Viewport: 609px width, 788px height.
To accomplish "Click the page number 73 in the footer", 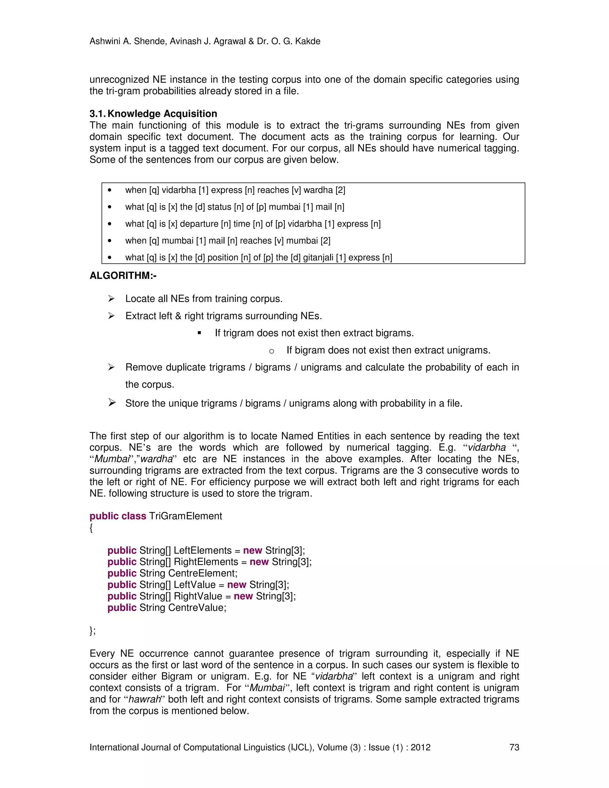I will pos(514,747).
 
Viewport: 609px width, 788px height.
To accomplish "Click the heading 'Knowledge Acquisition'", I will pos(162,114).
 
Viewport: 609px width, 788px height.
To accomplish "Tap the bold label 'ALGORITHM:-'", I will pos(123,276).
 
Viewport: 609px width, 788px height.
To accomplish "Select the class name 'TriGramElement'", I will pos(186,516).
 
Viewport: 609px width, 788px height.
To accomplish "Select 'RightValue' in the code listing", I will pos(198,596).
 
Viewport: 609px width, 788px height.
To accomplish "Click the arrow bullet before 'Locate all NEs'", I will pos(111,299).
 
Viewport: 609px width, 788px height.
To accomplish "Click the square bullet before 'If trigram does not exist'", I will pos(200,333).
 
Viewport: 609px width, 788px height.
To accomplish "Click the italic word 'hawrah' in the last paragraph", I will pos(144,699).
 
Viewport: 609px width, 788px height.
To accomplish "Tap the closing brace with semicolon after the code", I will pos(92,631).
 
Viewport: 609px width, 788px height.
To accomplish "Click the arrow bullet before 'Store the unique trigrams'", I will pos(112,403).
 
